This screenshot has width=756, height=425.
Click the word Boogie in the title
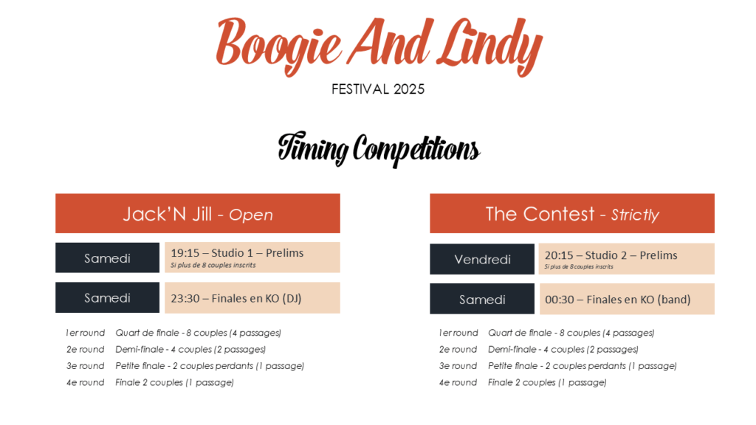tap(278, 45)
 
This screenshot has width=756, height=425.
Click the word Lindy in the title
tap(489, 46)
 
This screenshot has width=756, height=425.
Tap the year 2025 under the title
tap(409, 89)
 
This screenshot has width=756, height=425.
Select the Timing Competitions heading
tap(379, 149)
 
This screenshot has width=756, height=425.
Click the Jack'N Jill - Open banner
tap(198, 213)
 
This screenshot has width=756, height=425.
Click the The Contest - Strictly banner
tap(572, 213)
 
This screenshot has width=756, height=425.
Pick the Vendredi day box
tap(482, 259)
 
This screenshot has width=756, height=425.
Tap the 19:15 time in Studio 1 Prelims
tap(185, 253)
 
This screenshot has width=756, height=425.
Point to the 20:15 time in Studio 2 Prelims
tap(560, 255)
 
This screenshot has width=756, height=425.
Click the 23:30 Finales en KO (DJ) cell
tap(252, 298)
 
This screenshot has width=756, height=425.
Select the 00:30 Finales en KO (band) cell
tap(627, 300)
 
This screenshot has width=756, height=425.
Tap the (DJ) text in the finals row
tap(292, 298)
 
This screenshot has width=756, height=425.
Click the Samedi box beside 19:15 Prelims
tap(108, 258)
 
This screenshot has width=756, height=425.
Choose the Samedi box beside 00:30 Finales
tap(482, 300)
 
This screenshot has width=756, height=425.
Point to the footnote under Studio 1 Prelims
tap(213, 265)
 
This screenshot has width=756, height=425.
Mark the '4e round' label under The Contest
tap(458, 382)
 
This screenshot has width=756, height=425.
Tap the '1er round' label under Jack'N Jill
tap(86, 333)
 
